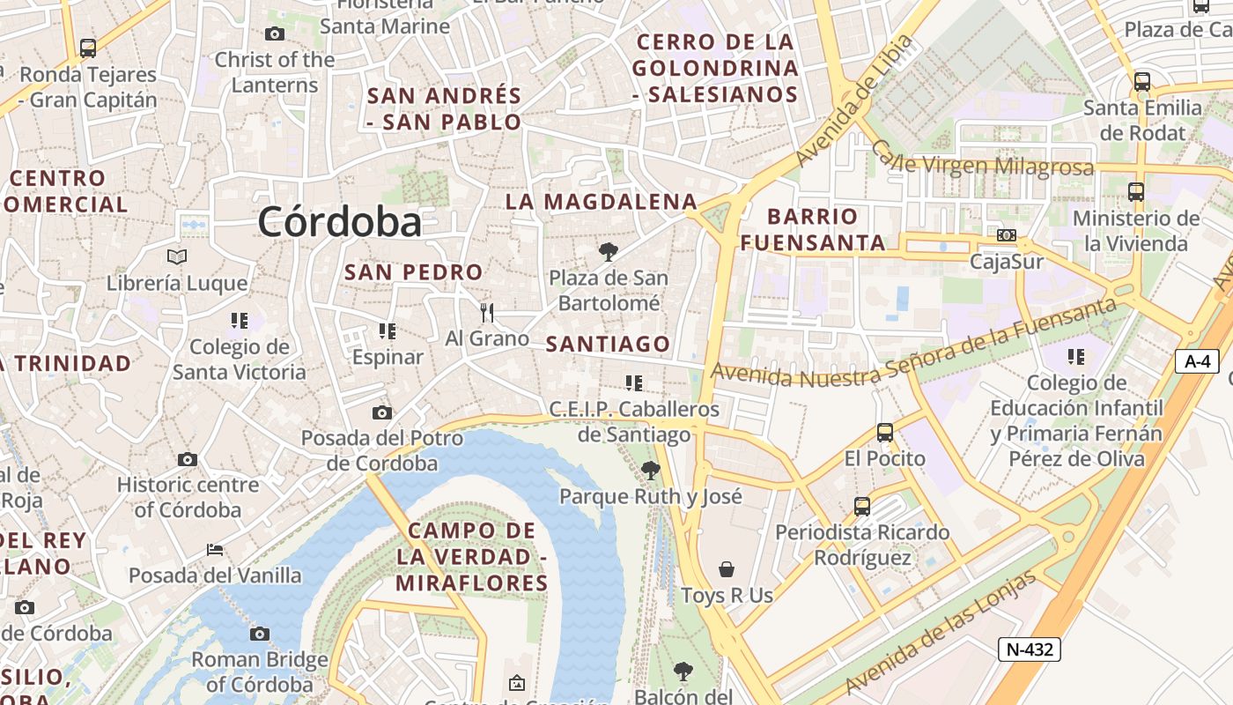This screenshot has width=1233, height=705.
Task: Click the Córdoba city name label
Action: (x=339, y=221)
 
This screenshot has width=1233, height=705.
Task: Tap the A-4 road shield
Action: (x=1197, y=360)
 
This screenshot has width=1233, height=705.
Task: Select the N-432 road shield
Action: (x=1029, y=649)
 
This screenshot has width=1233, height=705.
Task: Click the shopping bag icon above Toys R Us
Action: (x=727, y=568)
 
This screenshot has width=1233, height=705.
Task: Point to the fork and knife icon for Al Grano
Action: (x=486, y=312)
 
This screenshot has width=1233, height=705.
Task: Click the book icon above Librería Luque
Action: (x=177, y=256)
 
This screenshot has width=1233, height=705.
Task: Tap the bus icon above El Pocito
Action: (x=885, y=433)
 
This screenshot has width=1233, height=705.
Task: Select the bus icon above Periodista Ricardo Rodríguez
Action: (x=862, y=507)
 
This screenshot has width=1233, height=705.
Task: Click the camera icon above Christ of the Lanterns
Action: (x=275, y=33)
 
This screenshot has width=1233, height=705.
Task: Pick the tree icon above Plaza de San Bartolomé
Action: (x=608, y=252)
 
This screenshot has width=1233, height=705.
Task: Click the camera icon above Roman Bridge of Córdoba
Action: (x=259, y=634)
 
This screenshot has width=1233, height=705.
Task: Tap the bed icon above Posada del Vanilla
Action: (x=215, y=550)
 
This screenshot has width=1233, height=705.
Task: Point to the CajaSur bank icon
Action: (x=1006, y=235)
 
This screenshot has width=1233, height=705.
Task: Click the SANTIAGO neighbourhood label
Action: (x=608, y=344)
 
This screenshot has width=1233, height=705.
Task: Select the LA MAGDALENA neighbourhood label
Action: (x=601, y=202)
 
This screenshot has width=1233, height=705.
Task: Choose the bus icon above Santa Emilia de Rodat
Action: (x=1142, y=82)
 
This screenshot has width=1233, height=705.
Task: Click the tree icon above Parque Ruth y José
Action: (x=651, y=470)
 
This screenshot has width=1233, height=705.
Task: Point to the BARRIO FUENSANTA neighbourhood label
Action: (x=813, y=229)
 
